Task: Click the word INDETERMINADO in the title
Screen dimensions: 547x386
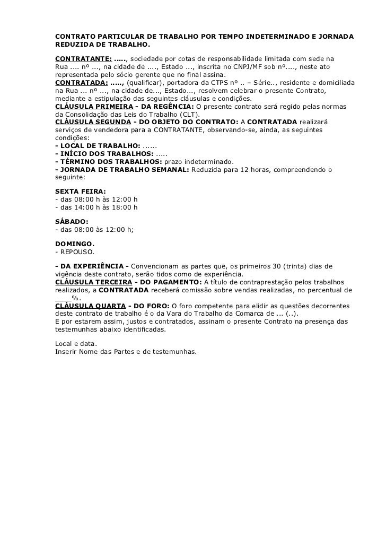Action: (x=274, y=36)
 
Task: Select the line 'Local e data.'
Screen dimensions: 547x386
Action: (x=72, y=343)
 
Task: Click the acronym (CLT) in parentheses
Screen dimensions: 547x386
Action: (x=190, y=114)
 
